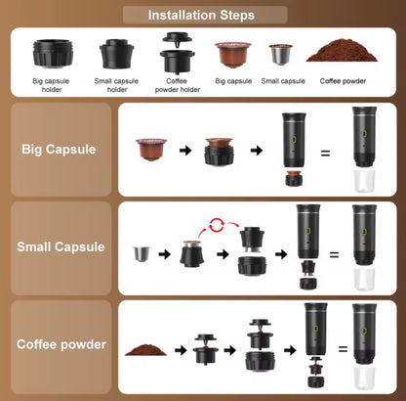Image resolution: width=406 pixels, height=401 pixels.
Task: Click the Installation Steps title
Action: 202,15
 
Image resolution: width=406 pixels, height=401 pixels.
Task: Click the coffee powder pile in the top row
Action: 338,53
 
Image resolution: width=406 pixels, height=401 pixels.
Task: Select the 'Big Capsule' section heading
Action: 59,150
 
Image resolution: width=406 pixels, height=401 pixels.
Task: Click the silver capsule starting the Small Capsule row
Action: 142,256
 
